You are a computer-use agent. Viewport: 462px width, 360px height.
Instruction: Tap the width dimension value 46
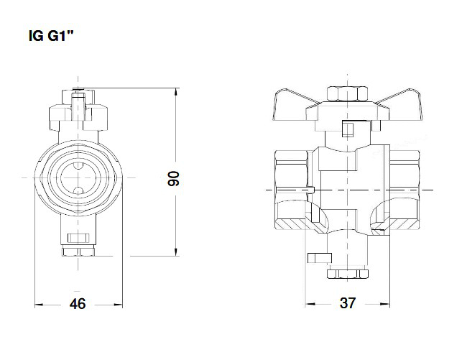77,304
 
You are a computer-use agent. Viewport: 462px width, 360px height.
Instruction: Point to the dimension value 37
348,304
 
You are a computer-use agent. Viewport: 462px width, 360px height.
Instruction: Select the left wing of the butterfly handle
295,108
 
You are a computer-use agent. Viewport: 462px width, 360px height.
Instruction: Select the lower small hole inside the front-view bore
78,189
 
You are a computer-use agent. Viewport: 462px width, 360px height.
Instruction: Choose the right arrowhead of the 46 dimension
119,304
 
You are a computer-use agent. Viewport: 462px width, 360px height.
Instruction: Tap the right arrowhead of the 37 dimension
388,304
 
